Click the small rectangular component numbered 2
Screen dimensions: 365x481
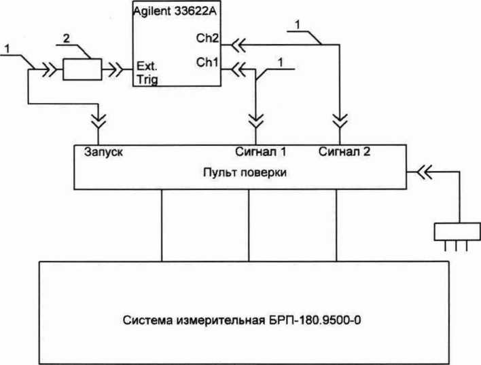[82, 68]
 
